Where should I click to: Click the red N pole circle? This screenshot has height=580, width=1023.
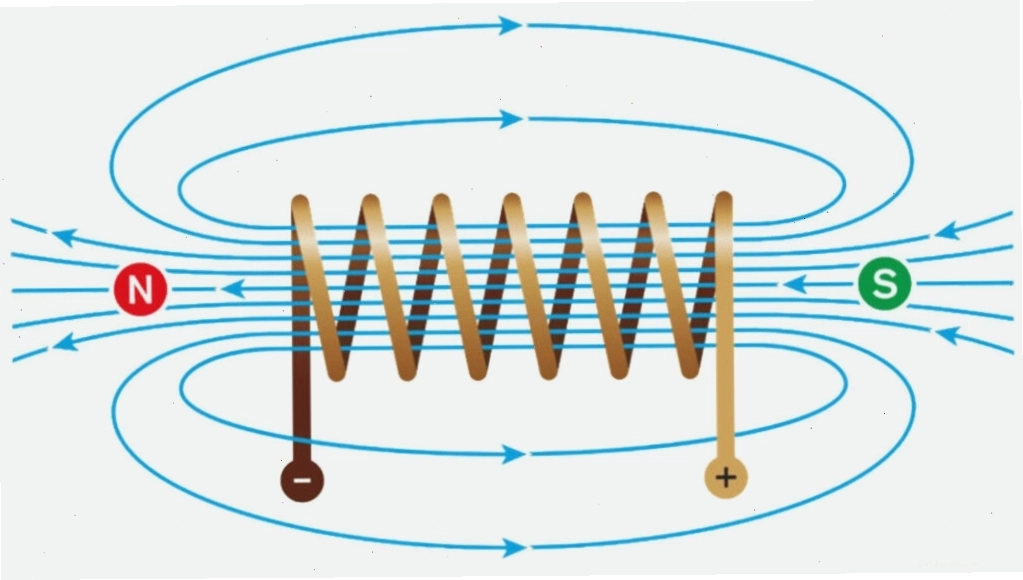pyautogui.click(x=140, y=289)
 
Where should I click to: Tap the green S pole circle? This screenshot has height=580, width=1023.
pyautogui.click(x=885, y=283)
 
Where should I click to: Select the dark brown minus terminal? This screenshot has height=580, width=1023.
pyautogui.click(x=302, y=481)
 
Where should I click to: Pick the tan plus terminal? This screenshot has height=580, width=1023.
pyautogui.click(x=725, y=478)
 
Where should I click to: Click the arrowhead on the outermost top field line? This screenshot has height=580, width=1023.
pyautogui.click(x=510, y=25)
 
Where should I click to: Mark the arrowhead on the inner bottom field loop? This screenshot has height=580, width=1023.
pyautogui.click(x=514, y=454)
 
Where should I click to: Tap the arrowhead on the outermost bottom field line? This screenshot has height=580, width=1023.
pyautogui.click(x=514, y=547)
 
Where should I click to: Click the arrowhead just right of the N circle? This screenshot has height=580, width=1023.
pyautogui.click(x=233, y=288)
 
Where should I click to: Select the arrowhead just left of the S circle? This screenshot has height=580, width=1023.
pyautogui.click(x=795, y=284)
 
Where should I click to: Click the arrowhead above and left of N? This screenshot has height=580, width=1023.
pyautogui.click(x=65, y=236)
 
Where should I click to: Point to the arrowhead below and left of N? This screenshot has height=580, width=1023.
pyautogui.click(x=65, y=341)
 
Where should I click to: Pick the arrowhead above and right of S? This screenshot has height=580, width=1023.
pyautogui.click(x=947, y=230)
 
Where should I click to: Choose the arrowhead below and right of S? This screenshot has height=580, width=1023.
pyautogui.click(x=947, y=335)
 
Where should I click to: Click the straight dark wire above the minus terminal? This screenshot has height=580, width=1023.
pyautogui.click(x=301, y=404)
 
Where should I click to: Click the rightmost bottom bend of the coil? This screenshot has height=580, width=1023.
pyautogui.click(x=690, y=369)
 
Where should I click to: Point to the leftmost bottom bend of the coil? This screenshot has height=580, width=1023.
pyautogui.click(x=335, y=372)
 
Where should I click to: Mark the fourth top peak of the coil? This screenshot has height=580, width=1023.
pyautogui.click(x=512, y=201)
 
